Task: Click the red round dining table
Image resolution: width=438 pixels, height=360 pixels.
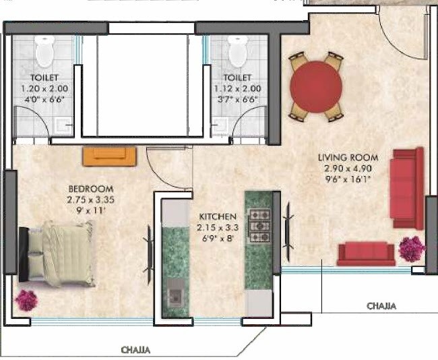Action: point(315,86)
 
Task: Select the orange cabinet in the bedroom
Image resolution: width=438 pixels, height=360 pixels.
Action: point(110,156)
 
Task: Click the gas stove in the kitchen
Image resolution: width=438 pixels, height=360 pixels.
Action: point(259,226)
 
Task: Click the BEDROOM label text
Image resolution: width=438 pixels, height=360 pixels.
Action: point(90,189)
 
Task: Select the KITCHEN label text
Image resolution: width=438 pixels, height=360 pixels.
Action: point(218,217)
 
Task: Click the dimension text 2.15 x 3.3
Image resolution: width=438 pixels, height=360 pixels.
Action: point(218,228)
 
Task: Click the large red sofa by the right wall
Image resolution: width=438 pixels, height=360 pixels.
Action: point(406,188)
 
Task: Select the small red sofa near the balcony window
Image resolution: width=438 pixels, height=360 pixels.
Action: point(366,253)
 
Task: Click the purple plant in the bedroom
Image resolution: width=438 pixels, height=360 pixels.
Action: point(27,300)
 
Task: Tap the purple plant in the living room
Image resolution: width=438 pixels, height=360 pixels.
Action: point(411,249)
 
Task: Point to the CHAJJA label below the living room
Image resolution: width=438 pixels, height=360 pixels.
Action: point(381,306)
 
